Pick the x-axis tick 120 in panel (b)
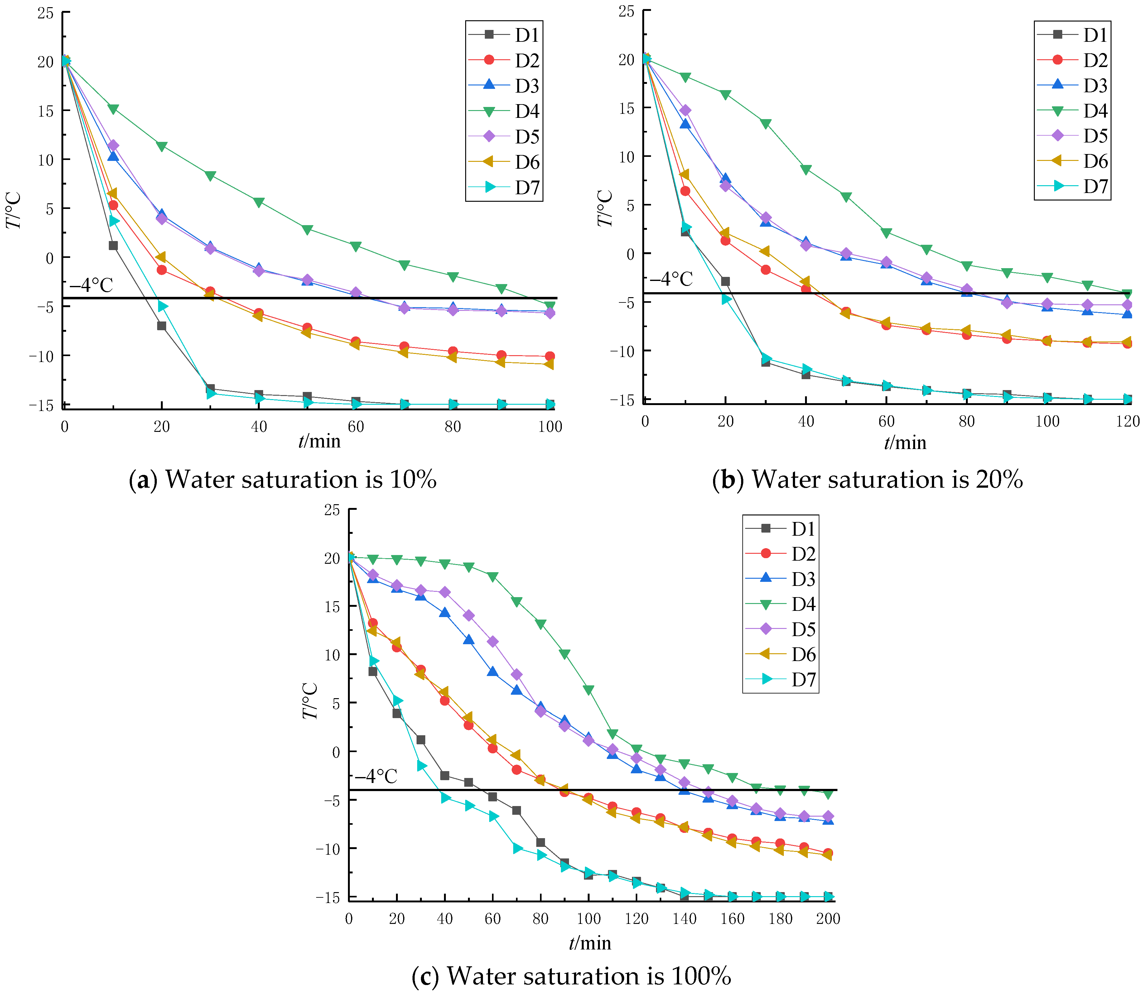[1127, 422]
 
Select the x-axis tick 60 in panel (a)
[356, 427]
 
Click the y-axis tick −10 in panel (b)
[622, 351]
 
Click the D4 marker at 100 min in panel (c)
[588, 690]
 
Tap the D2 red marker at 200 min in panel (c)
[828, 853]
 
